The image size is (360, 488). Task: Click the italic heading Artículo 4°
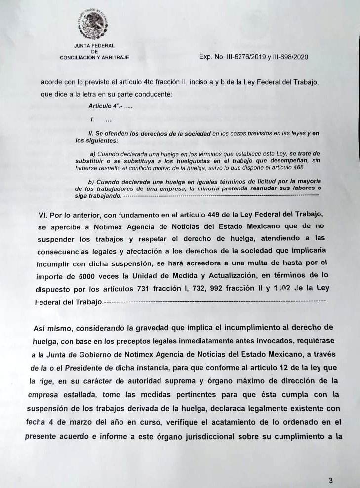(105, 106)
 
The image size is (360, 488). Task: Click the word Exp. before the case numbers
(205, 57)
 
